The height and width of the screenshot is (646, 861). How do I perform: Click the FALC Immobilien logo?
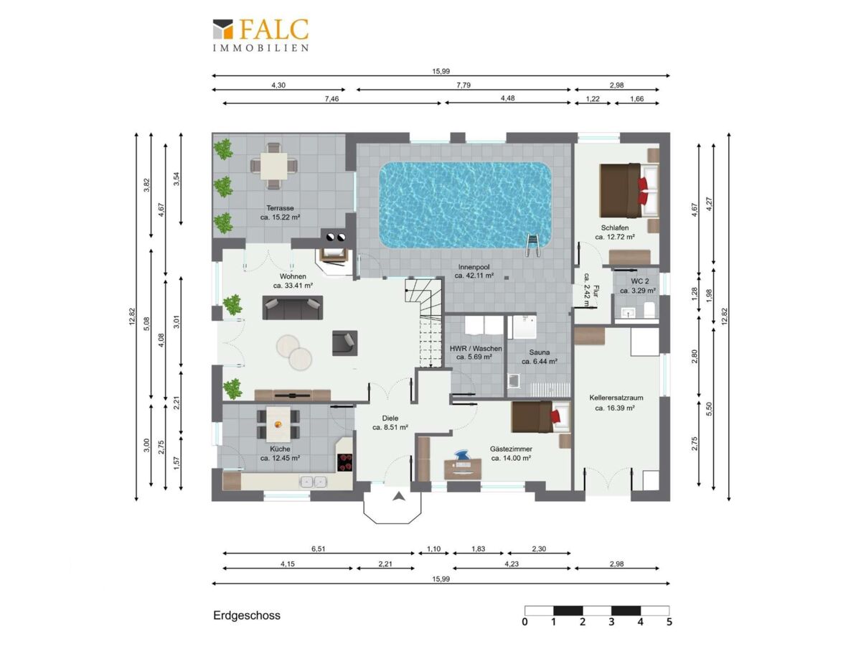pos(260,36)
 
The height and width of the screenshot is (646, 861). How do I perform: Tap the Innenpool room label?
pos(474,267)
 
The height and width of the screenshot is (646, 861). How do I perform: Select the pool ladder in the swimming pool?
pos(532,245)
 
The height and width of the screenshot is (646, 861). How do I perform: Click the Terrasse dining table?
pos(273,165)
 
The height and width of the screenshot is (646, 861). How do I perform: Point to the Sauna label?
pos(539,352)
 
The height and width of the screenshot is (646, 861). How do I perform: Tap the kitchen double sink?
pos(314,481)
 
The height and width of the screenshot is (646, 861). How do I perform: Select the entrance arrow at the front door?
pos(399,496)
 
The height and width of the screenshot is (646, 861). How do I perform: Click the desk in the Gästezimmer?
pos(463,469)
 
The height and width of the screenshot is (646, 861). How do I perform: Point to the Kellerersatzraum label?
pos(616,398)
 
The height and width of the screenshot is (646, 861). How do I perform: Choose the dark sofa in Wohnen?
pos(293,307)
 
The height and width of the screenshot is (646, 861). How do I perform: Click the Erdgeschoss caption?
pos(247,615)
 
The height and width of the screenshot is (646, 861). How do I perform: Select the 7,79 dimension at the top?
pos(464,85)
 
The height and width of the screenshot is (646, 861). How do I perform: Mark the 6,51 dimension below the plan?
pos(318,548)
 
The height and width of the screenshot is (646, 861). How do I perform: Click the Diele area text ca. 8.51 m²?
pos(390,428)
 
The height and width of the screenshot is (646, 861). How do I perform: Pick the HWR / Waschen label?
pos(476,348)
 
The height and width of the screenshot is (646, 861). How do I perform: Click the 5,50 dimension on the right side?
pos(708,409)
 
